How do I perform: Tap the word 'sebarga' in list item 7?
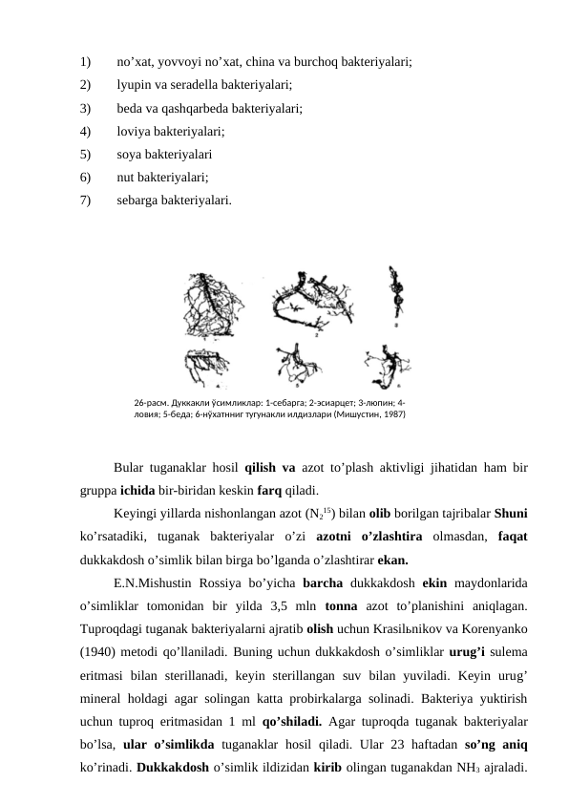tap(138, 200)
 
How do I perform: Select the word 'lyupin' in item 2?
tap(135, 84)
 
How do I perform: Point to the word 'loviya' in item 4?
tap(135, 131)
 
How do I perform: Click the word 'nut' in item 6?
tap(126, 176)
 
